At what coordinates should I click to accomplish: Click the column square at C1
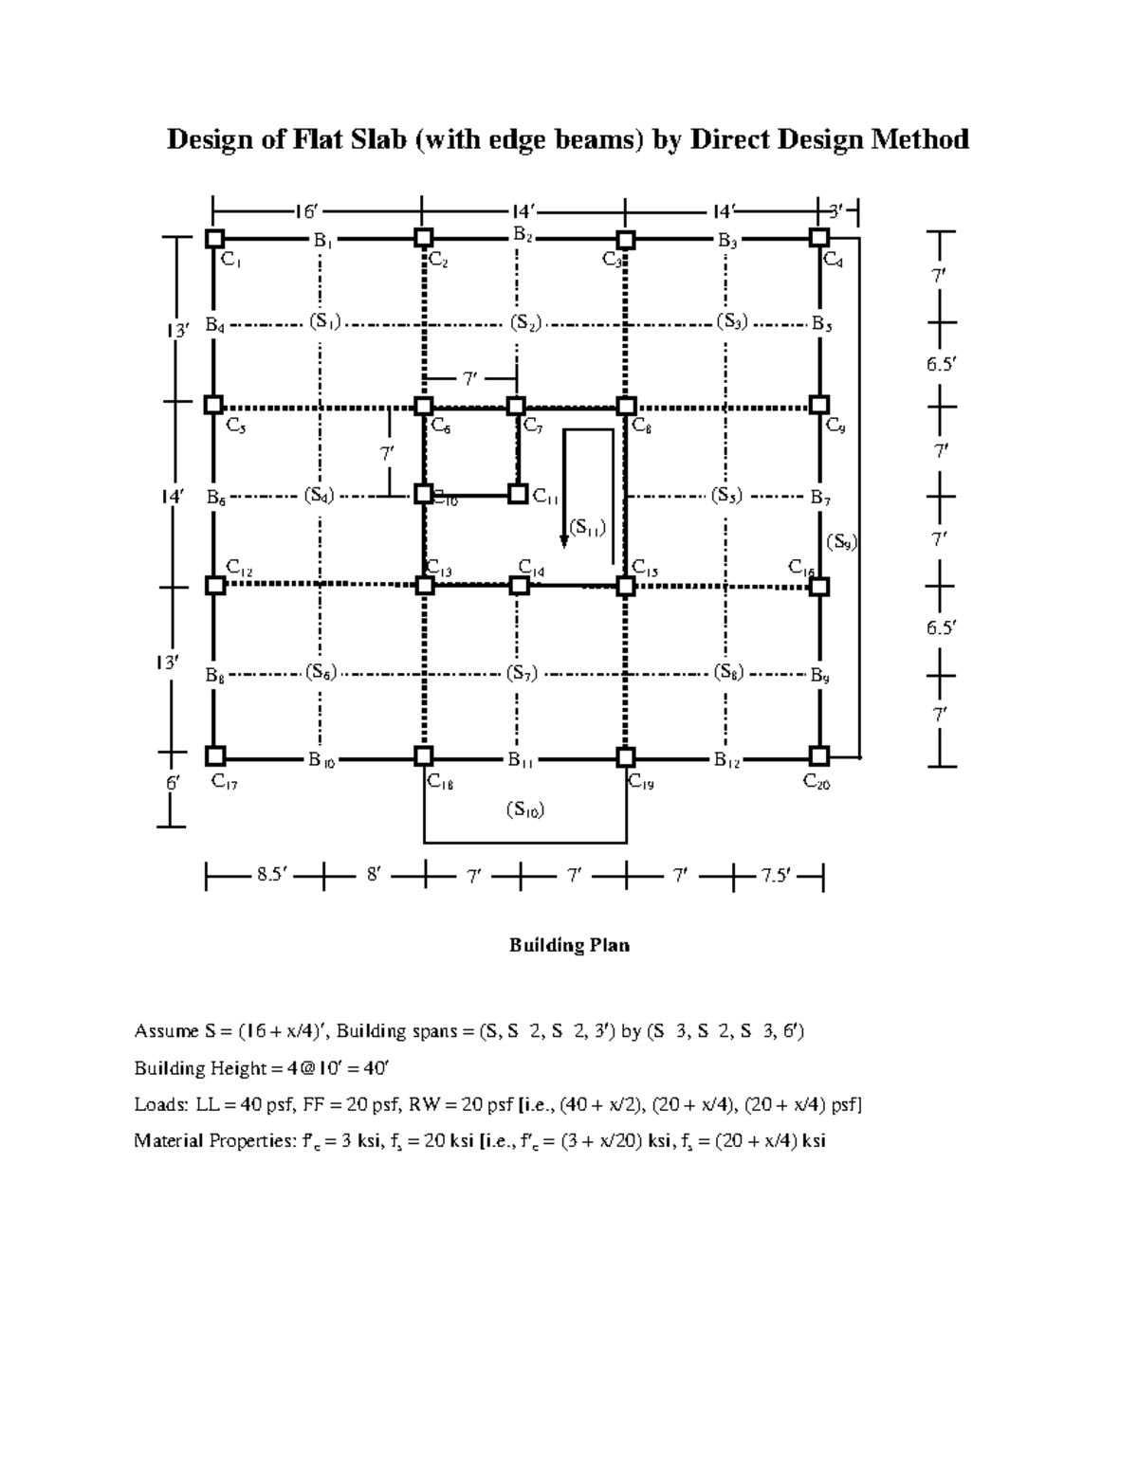point(214,238)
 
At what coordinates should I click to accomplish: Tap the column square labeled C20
point(819,755)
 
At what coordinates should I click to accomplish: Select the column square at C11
point(518,494)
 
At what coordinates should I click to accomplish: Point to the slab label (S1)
point(323,320)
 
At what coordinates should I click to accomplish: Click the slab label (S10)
point(524,809)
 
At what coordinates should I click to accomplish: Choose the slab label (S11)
point(587,527)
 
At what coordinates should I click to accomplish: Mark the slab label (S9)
point(841,542)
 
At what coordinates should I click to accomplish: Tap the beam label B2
point(523,233)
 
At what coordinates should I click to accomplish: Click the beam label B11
point(520,759)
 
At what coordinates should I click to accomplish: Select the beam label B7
point(820,497)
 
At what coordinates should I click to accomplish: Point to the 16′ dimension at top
point(305,210)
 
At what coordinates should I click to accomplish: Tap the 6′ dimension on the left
point(173,783)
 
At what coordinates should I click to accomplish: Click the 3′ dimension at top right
point(835,210)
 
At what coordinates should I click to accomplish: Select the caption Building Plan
point(569,945)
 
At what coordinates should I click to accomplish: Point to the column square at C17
point(215,755)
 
